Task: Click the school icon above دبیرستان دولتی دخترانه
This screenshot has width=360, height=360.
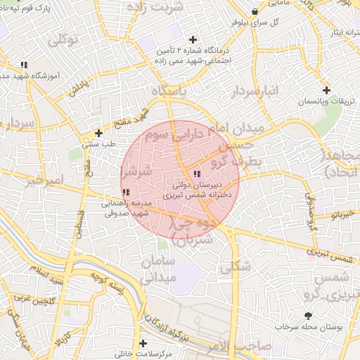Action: tap(196, 174)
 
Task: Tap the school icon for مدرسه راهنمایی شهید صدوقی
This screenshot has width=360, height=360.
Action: tap(125, 193)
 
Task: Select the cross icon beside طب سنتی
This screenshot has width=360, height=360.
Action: tap(99, 132)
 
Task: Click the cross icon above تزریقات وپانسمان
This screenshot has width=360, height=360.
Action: tap(326, 90)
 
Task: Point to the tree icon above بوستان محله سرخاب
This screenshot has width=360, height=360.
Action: tap(307, 315)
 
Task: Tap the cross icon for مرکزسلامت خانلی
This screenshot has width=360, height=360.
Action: tap(143, 344)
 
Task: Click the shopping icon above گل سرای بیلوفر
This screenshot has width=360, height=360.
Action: tap(255, 12)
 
